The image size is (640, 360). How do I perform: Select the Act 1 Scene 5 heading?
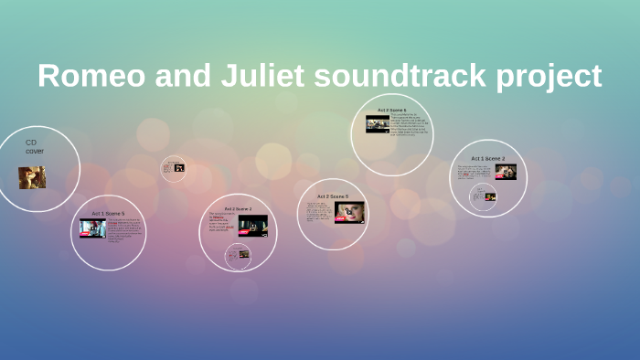click(108, 213)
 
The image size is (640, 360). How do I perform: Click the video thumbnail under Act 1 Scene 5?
click(92, 228)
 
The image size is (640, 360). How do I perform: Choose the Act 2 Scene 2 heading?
click(238, 209)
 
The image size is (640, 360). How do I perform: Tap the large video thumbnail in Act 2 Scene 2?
click(252, 225)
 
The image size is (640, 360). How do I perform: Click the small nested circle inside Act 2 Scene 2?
click(240, 253)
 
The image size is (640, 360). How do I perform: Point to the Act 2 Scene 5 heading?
click(333, 196)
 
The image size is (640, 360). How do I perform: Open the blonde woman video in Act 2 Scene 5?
click(349, 213)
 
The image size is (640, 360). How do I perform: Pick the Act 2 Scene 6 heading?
click(392, 110)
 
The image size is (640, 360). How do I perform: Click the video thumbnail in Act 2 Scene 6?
click(378, 123)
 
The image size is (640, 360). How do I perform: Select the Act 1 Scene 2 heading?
click(487, 158)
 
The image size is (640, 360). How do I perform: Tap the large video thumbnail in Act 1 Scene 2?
click(506, 172)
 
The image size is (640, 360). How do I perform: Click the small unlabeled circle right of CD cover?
click(174, 168)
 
